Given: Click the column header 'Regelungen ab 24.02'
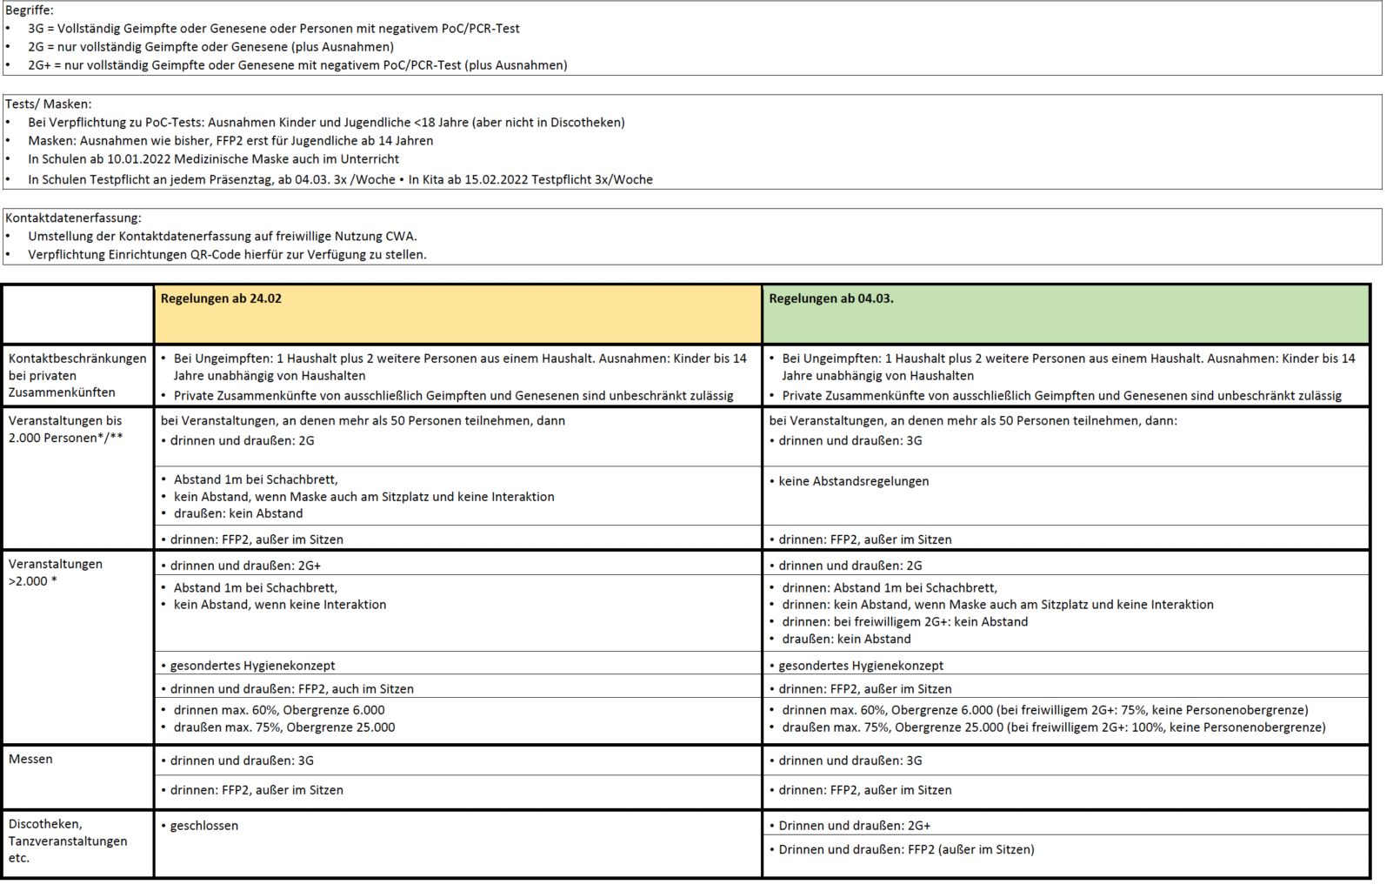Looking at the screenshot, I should click(221, 298).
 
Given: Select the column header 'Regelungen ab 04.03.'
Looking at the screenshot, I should click(830, 298).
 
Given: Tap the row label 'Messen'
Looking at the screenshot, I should click(30, 759).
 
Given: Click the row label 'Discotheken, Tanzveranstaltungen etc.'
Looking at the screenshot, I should click(68, 841).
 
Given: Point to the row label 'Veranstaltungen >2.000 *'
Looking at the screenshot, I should click(56, 572).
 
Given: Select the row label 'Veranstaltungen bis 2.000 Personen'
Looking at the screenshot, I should click(66, 429).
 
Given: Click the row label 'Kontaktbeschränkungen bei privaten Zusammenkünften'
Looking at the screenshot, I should click(77, 375).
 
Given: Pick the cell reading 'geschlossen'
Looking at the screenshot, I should click(203, 826).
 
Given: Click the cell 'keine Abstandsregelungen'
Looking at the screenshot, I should click(853, 481).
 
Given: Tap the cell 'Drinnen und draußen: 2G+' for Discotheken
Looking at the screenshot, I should click(854, 826).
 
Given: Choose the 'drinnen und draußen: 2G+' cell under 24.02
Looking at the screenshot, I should click(245, 566).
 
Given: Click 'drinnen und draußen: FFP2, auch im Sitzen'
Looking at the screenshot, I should click(291, 689).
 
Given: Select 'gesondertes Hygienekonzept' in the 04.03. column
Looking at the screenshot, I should click(860, 666).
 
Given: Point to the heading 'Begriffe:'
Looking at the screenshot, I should click(30, 10).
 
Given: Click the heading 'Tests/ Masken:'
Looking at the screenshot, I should click(48, 104).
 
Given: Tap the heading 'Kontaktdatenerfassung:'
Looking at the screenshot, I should click(73, 218).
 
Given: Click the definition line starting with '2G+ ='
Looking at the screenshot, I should click(297, 65).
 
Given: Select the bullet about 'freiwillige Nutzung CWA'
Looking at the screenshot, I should click(222, 236).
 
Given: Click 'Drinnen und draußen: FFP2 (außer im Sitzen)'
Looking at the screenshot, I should click(906, 849).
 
